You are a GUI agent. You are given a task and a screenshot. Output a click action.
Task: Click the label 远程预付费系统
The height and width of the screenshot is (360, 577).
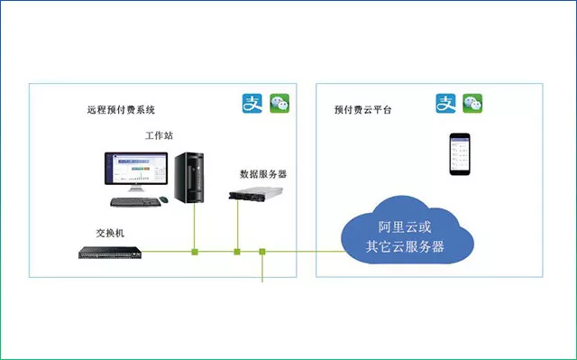(121, 110)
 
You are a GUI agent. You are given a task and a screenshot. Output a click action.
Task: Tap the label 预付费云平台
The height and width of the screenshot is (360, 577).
(362, 110)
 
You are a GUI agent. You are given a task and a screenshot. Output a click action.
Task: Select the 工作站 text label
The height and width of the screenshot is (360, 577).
(159, 135)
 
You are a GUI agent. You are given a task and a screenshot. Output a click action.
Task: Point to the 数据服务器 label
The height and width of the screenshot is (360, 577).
(263, 174)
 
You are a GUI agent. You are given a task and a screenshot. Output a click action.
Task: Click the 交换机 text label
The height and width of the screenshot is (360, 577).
(110, 233)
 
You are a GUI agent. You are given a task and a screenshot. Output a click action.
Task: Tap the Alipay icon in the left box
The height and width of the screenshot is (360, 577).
(252, 103)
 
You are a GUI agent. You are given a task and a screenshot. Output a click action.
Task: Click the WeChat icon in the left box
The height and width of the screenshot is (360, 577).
(279, 103)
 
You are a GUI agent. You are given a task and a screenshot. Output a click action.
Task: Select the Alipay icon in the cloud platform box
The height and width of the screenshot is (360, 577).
(445, 103)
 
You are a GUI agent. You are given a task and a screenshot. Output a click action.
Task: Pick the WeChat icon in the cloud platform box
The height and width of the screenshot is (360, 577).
(472, 103)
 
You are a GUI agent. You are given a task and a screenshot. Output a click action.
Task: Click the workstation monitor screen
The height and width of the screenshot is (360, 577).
(136, 168)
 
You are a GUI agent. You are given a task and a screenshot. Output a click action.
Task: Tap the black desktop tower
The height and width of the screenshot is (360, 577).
(189, 178)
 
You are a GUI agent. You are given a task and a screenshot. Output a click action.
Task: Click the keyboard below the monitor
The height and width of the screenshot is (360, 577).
(135, 202)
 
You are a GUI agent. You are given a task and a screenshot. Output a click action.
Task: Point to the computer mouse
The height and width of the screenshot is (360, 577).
(164, 200)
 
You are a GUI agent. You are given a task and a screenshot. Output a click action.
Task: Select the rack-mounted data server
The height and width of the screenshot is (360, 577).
(256, 194)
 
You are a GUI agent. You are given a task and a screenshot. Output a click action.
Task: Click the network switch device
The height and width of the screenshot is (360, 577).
(110, 253)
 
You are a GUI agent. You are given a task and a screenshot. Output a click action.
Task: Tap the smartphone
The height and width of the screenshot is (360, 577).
(460, 154)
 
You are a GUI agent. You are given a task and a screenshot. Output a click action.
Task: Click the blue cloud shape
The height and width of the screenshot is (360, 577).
(407, 232)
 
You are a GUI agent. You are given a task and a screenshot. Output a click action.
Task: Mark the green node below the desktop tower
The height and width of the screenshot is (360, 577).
(195, 252)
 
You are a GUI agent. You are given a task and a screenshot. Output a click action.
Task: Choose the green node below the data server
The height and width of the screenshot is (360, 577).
(237, 252)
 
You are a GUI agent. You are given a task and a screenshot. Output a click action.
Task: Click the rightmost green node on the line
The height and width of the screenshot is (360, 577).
(262, 252)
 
